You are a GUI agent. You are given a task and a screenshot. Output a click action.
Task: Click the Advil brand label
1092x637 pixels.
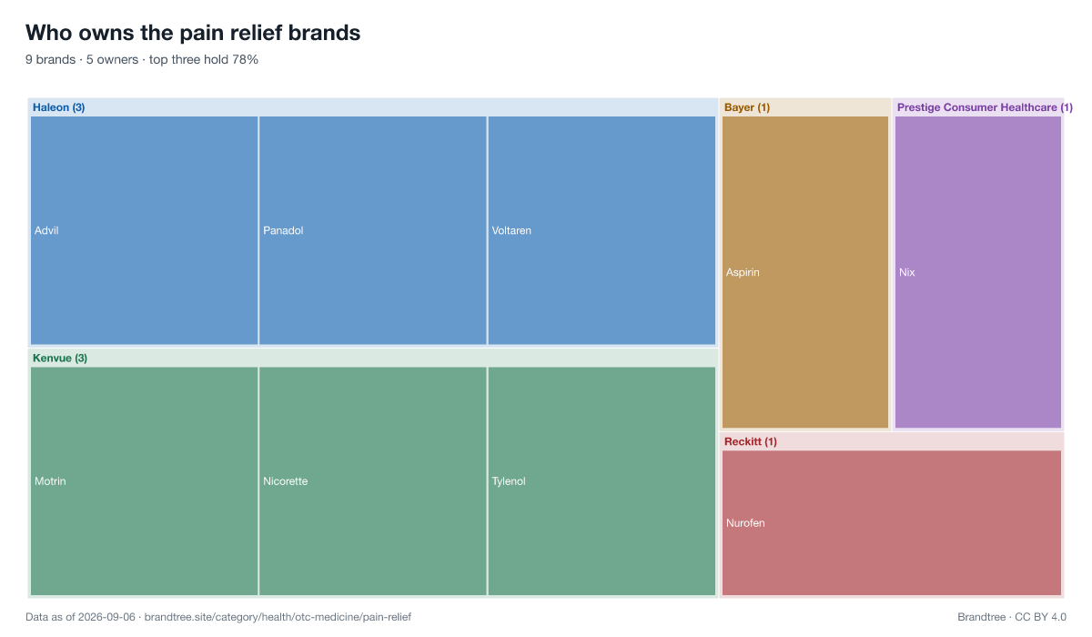click(x=46, y=230)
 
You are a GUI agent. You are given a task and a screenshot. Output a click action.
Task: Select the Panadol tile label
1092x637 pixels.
click(x=283, y=230)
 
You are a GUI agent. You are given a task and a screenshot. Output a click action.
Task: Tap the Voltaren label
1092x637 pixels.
click(x=511, y=230)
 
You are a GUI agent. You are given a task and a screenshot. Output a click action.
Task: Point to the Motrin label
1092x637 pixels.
click(x=50, y=481)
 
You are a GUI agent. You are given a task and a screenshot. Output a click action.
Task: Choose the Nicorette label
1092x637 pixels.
click(x=285, y=481)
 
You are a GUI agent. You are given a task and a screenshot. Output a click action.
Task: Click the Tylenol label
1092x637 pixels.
click(x=509, y=481)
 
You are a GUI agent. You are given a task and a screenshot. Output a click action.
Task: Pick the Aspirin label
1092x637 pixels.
click(x=743, y=272)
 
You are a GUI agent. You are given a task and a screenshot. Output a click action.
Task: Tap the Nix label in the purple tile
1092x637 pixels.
click(x=906, y=272)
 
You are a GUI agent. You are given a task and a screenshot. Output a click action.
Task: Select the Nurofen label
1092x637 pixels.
click(x=745, y=523)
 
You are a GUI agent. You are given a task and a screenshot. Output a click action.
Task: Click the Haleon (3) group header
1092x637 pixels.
click(x=58, y=107)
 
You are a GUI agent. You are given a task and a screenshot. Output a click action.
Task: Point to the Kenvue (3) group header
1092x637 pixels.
click(x=60, y=359)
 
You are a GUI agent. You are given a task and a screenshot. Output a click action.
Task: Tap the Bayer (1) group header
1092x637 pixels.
click(x=747, y=107)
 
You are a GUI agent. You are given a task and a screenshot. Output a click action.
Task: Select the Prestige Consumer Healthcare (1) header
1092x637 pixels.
click(x=985, y=107)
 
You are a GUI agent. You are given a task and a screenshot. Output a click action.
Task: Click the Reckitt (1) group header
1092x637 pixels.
click(x=750, y=441)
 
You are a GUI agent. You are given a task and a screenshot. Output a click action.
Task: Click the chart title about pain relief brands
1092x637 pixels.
click(x=193, y=33)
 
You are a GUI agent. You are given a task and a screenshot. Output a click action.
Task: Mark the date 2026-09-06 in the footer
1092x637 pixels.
click(x=106, y=617)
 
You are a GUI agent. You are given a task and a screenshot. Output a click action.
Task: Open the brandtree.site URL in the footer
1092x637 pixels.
click(x=278, y=617)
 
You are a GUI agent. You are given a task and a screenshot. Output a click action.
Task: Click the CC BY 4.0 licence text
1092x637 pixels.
click(x=1040, y=617)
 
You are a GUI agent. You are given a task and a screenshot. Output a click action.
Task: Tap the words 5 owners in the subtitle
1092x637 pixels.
click(x=112, y=59)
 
